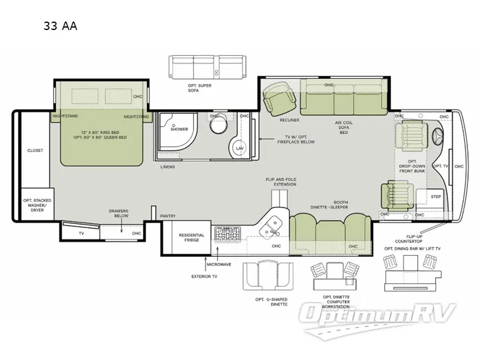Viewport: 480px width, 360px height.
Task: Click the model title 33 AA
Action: point(60,26)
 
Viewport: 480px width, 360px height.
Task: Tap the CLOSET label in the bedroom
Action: point(35,151)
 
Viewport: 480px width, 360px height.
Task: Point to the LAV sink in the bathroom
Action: point(239,147)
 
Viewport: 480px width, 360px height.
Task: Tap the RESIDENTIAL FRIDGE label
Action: point(191,238)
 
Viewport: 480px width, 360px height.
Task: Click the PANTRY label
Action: point(167,216)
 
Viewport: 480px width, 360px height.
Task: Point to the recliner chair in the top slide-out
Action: point(280,97)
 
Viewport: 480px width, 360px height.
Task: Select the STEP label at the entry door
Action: point(436,196)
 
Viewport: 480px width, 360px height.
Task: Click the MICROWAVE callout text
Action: point(219,264)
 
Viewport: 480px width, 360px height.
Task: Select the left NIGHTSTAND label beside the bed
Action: point(65,116)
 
